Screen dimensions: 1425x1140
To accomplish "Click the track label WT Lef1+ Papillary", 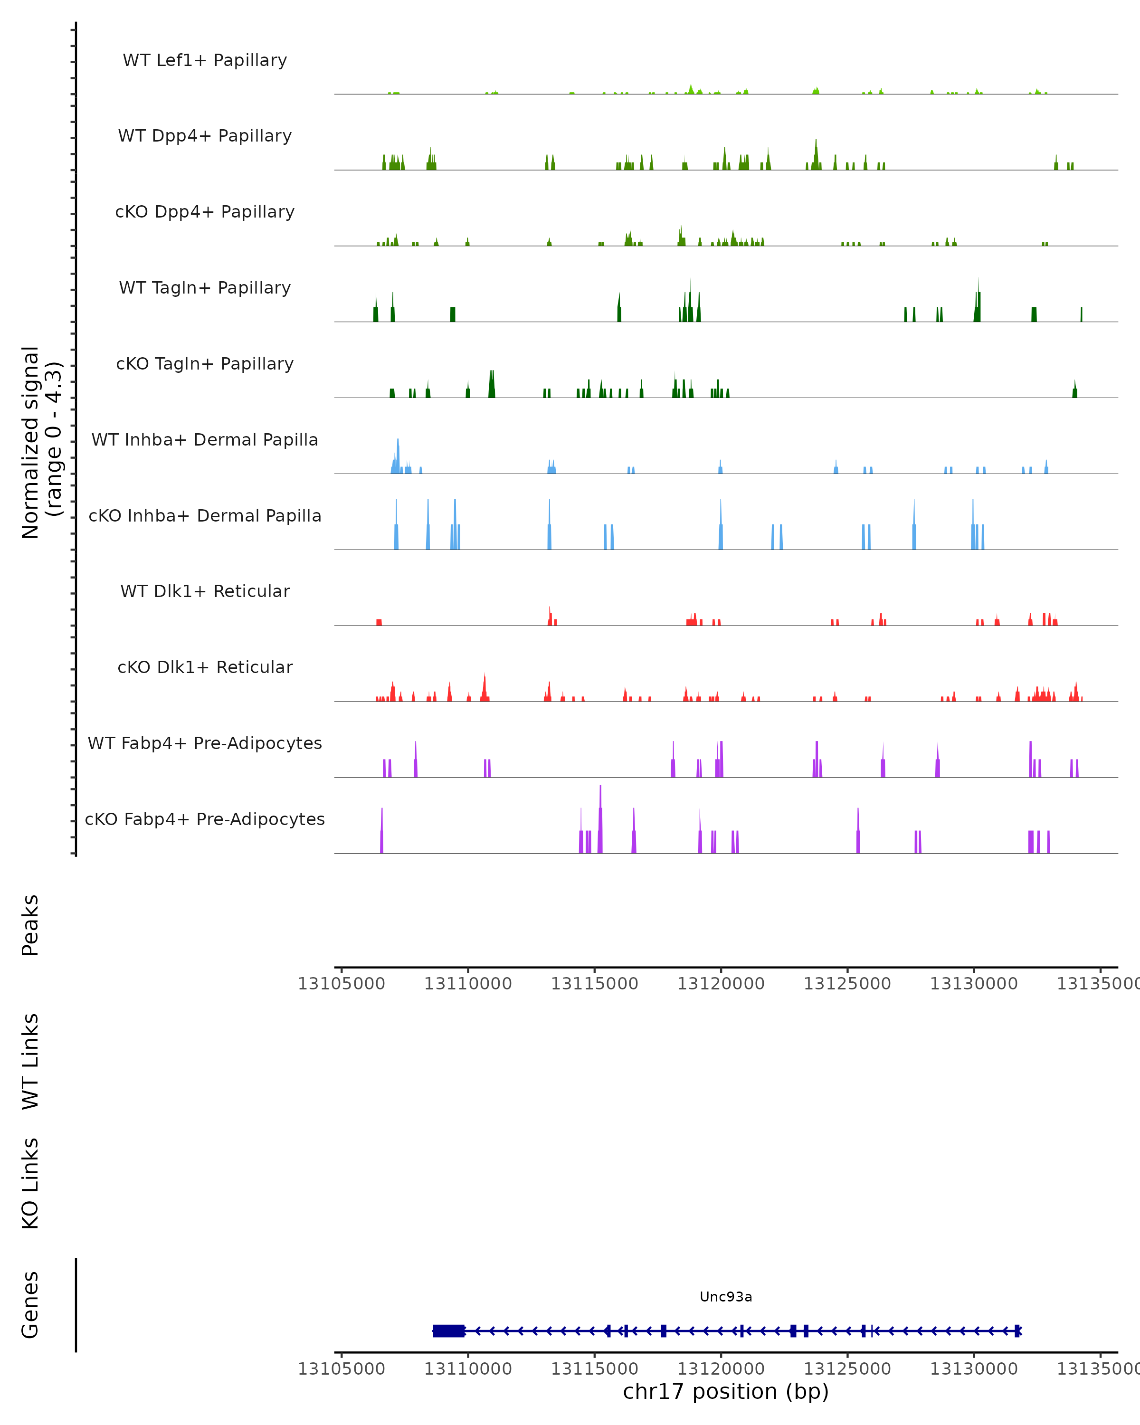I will coord(205,60).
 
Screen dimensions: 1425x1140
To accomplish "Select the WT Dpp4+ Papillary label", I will coord(205,136).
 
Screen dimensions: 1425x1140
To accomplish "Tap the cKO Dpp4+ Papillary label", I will coord(205,212).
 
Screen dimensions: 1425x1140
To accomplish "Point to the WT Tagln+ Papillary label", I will coord(205,288).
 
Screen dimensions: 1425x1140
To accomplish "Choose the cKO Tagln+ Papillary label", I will coord(205,364).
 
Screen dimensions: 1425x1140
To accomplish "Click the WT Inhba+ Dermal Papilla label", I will coord(205,440).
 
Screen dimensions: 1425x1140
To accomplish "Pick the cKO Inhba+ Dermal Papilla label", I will coord(205,516).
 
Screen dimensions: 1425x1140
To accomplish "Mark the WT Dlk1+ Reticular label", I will coord(205,591).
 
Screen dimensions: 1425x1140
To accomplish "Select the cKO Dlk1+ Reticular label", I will coord(205,667).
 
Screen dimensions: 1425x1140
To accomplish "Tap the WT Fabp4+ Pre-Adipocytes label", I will coord(205,743).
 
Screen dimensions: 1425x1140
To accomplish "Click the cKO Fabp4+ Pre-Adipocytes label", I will coord(205,819).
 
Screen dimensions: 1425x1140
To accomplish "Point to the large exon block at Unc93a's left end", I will coord(449,1331).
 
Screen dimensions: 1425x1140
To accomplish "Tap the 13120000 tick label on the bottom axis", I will coord(721,1369).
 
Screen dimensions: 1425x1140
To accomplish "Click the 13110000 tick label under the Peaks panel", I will coord(468,984).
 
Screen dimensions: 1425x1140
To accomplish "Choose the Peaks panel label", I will coord(30,925).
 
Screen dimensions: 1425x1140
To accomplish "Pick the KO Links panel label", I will coord(30,1184).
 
